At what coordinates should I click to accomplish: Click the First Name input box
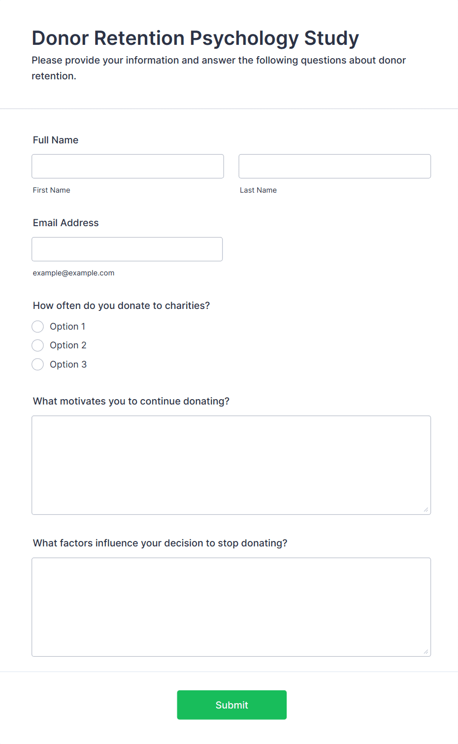[x=128, y=167]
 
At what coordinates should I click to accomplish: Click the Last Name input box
[x=334, y=167]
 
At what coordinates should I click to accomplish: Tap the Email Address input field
[x=127, y=249]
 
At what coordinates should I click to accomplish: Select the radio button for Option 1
[x=38, y=327]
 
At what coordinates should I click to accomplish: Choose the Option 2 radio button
[x=38, y=345]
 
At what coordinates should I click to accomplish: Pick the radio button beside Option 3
[x=38, y=365]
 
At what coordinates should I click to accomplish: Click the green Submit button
[x=231, y=705]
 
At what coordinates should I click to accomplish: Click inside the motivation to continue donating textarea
[x=231, y=465]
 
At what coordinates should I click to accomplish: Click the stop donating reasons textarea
[x=231, y=607]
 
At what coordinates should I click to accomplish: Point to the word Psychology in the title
[x=244, y=38]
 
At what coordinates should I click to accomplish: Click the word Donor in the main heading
[x=60, y=38]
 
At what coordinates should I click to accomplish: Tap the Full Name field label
[x=56, y=140]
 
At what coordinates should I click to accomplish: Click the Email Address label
[x=65, y=223]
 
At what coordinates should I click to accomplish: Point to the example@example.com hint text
[x=73, y=273]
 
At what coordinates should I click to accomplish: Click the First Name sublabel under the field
[x=51, y=190]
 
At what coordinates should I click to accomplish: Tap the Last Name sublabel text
[x=258, y=190]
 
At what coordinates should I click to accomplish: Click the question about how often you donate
[x=121, y=305]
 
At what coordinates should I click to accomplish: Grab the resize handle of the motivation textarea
[x=426, y=510]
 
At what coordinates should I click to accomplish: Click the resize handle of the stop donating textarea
[x=426, y=652]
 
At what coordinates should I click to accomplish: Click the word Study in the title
[x=331, y=38]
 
